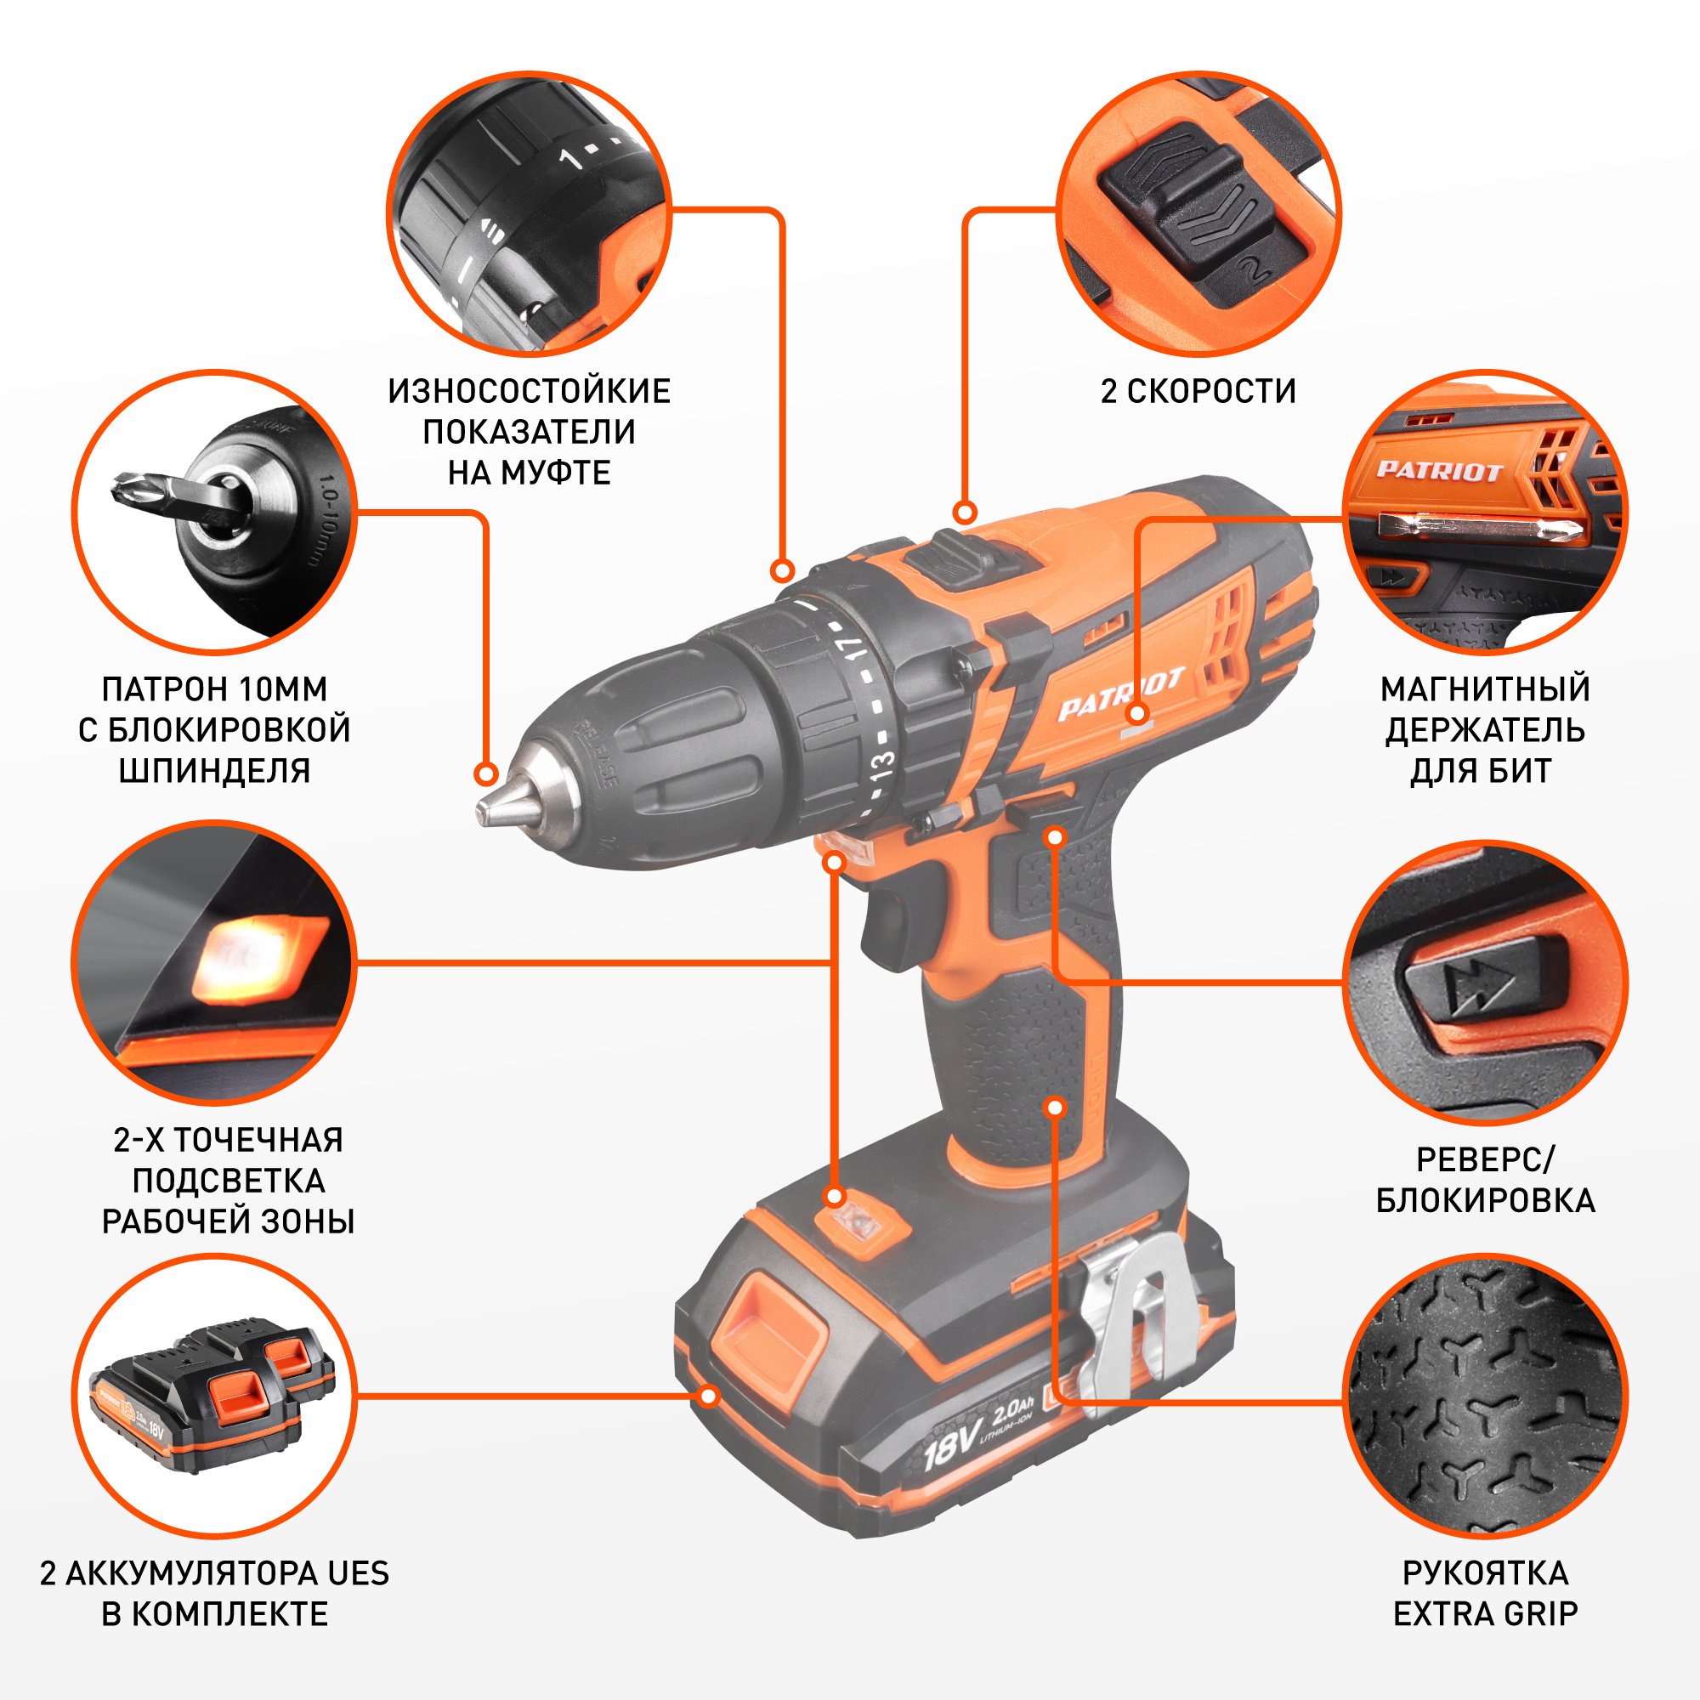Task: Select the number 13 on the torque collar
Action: coord(882,768)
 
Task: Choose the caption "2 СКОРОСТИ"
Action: coord(1198,392)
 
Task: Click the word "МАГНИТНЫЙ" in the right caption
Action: coord(1485,689)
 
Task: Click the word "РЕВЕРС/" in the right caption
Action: coord(1485,1159)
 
